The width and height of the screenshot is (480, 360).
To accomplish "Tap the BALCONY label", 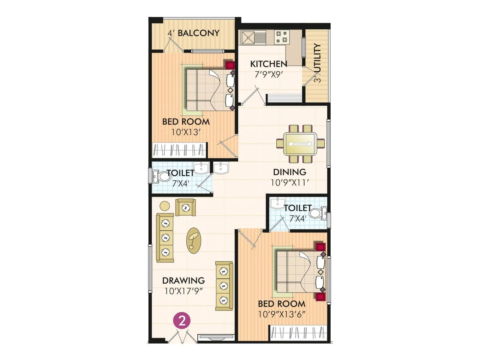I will [x=198, y=33].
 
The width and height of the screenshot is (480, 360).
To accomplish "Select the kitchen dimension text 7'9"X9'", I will [x=268, y=74].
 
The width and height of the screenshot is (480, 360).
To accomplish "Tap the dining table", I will [x=300, y=144].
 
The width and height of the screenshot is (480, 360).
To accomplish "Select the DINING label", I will [x=289, y=172].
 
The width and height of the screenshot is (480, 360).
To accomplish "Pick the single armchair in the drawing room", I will [x=186, y=207].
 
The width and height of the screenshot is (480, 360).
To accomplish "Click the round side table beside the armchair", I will [x=165, y=206].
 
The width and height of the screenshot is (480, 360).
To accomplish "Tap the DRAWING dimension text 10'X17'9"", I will [x=184, y=291].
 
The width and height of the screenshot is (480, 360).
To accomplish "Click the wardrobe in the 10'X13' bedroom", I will [x=179, y=150].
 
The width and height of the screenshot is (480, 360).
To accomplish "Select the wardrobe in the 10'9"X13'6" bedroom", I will [x=298, y=333].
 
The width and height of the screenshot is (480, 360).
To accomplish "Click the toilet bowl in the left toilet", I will [x=163, y=176].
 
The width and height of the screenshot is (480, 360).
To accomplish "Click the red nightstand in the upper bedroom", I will [x=230, y=65].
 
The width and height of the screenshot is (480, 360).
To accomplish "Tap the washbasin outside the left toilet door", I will [x=221, y=168].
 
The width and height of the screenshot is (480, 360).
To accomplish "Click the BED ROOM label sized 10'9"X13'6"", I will [x=282, y=304].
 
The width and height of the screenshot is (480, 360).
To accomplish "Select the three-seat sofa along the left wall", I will [x=165, y=238].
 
